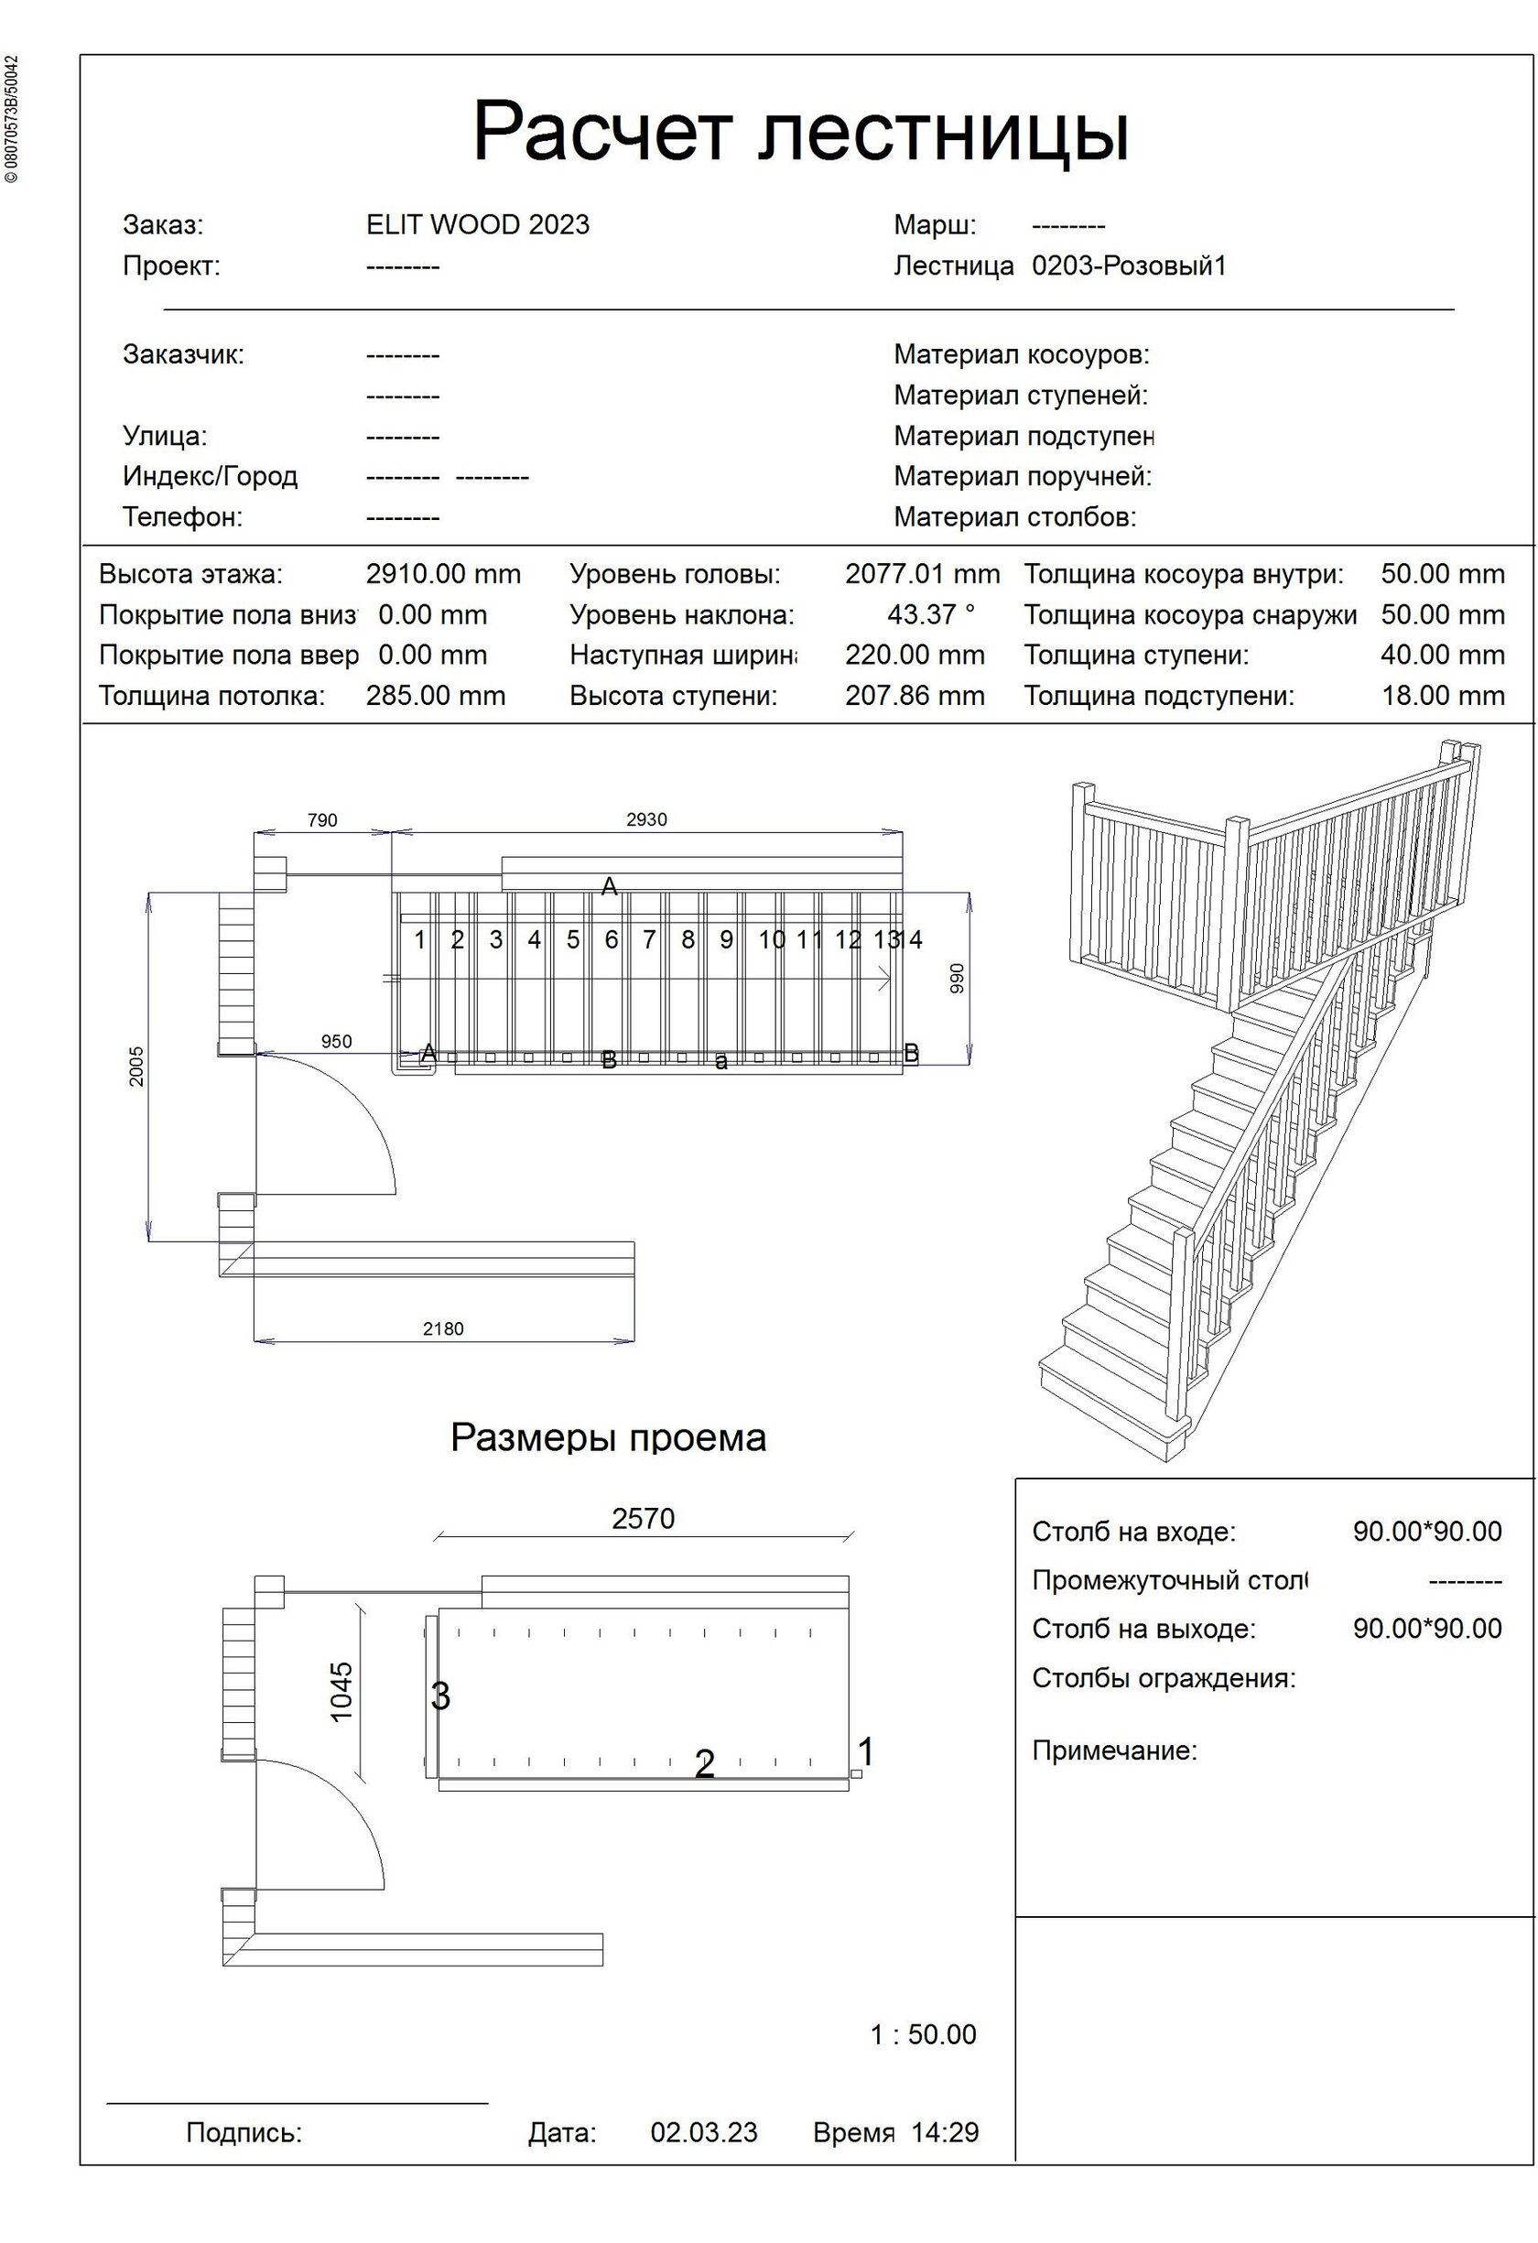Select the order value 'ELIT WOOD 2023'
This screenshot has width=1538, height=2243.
[x=478, y=225]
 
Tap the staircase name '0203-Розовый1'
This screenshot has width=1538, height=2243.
[x=1129, y=265]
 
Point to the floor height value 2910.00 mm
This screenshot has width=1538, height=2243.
[x=443, y=574]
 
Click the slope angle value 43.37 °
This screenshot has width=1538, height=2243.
[x=931, y=615]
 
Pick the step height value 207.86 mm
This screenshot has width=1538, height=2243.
[x=915, y=696]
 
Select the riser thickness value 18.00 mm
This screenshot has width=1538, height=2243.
[x=1443, y=696]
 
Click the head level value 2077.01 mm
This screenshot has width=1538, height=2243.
[x=923, y=574]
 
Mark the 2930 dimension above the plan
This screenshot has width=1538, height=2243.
[x=646, y=819]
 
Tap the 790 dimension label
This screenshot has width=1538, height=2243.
[x=322, y=820]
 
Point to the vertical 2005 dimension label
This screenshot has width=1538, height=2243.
[x=136, y=1067]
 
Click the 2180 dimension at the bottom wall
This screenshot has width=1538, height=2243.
[x=443, y=1329]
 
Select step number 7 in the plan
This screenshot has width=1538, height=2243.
[x=649, y=939]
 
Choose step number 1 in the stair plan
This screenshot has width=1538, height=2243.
[x=419, y=939]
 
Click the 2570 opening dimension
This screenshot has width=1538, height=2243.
[x=644, y=1519]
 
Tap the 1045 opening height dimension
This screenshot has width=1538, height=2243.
[x=341, y=1692]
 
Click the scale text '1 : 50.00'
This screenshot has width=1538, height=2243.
[x=924, y=2034]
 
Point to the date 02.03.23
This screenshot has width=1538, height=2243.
[x=704, y=2133]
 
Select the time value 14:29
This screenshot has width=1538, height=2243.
[x=945, y=2133]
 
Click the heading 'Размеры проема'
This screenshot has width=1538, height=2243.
[x=608, y=1438]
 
